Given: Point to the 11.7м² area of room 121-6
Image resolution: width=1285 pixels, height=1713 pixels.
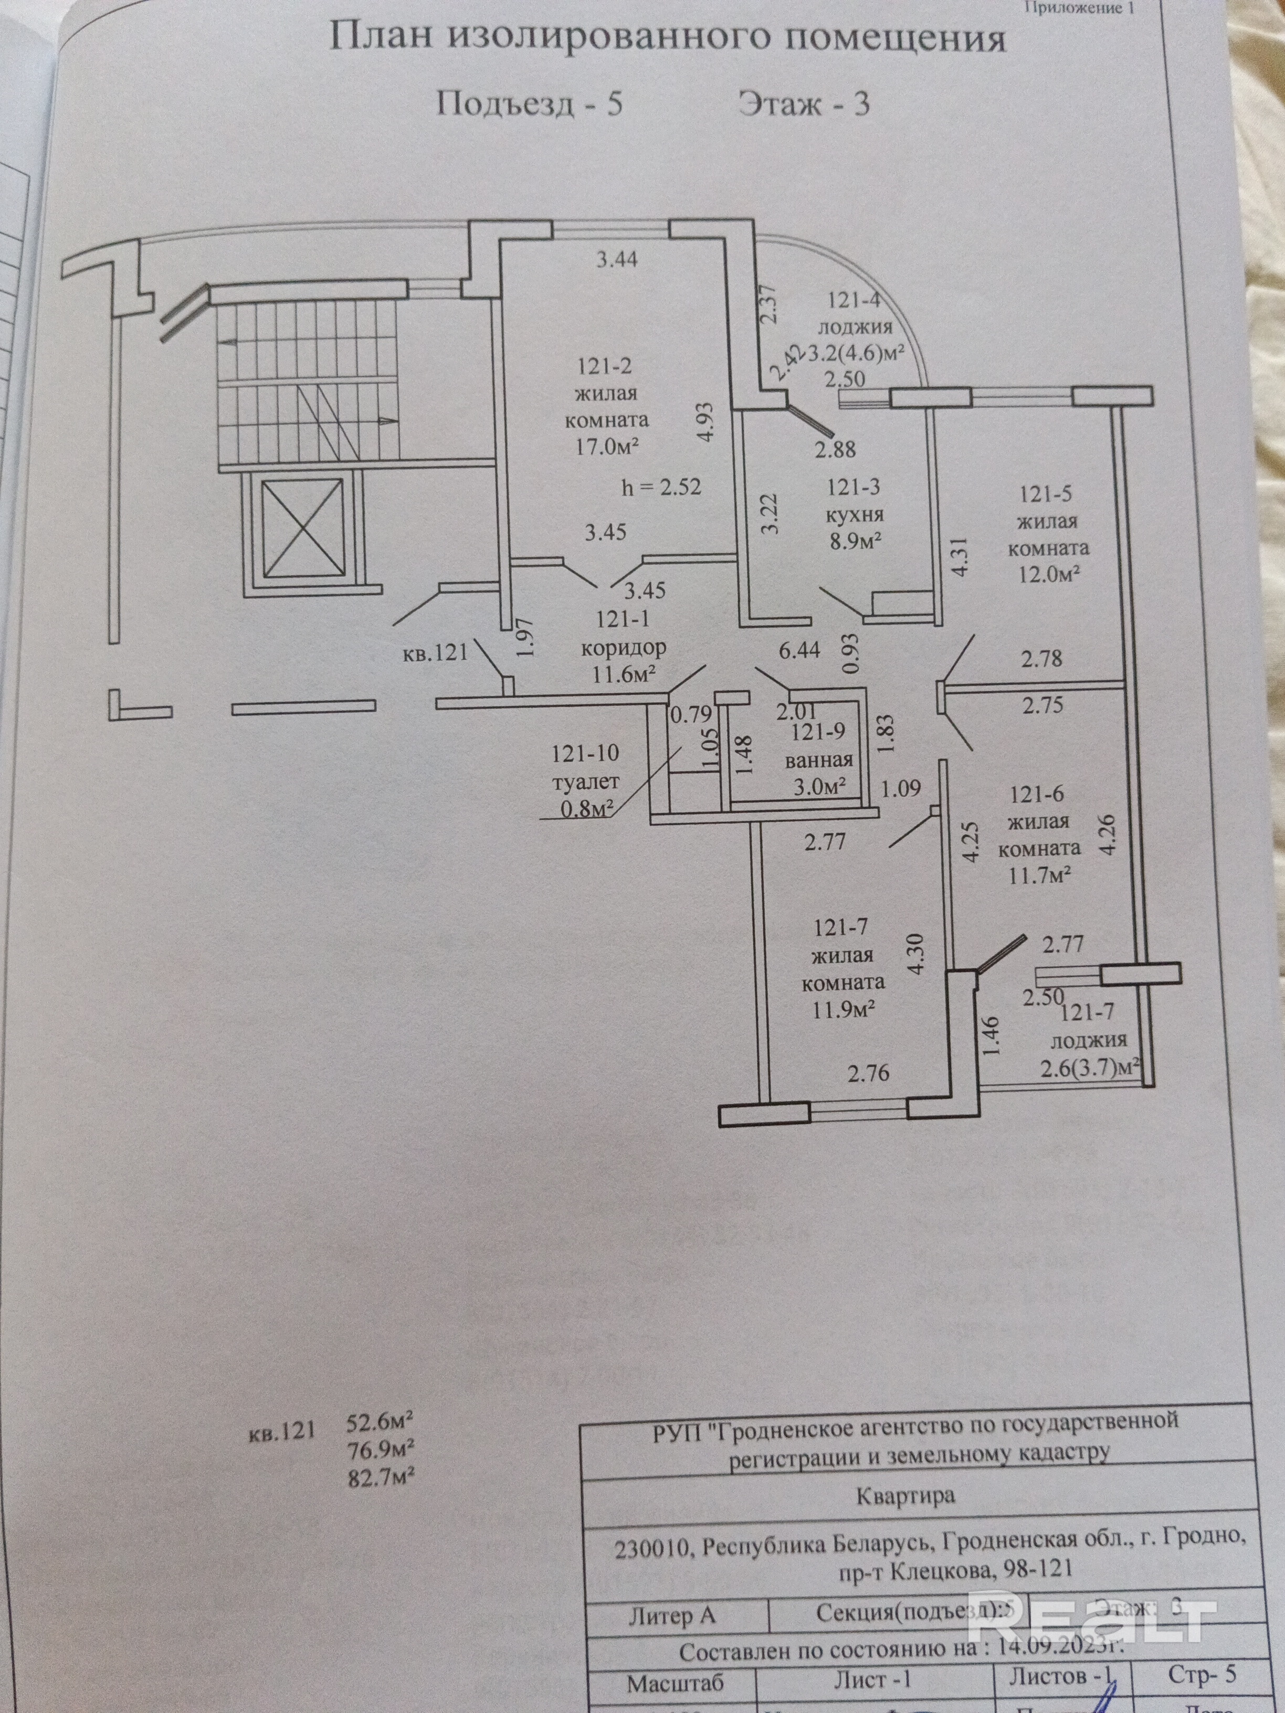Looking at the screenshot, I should coord(1039,874).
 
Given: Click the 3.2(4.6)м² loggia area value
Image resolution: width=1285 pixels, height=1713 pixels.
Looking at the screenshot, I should coord(857,353).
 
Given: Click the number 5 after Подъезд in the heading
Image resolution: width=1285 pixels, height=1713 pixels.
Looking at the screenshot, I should coord(614,104).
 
